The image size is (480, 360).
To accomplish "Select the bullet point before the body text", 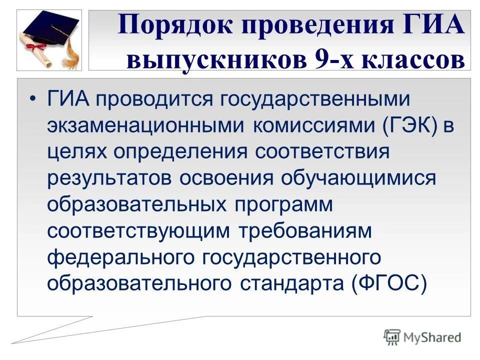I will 32,98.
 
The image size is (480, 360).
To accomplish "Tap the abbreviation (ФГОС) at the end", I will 388,282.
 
